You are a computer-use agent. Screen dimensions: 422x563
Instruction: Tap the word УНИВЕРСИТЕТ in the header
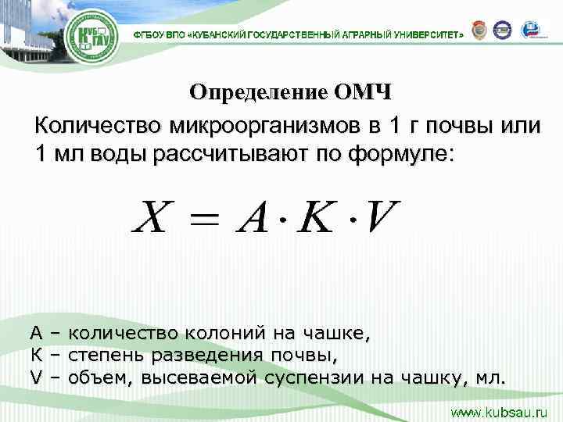click(424, 36)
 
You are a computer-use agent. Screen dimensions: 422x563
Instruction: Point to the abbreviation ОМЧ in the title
click(363, 92)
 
